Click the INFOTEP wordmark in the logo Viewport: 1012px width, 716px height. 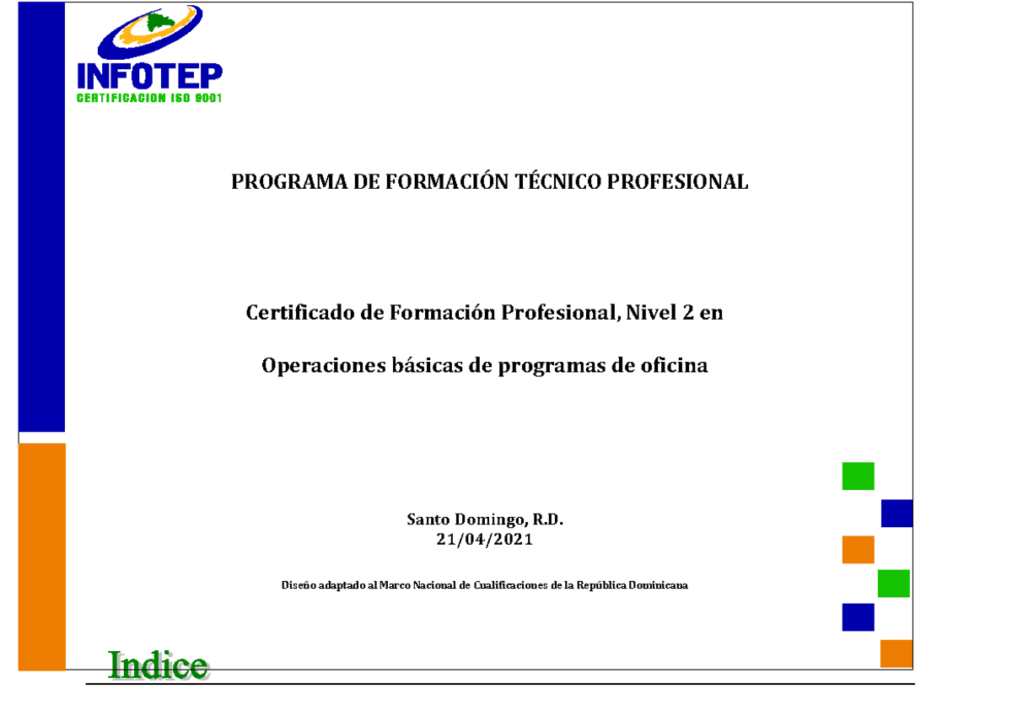point(150,75)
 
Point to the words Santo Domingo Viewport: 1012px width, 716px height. point(456,520)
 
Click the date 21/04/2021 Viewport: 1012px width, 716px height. point(485,541)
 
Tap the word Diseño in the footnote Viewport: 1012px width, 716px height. point(298,584)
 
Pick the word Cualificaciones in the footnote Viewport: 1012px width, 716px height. point(510,584)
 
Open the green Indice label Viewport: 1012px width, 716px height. point(158,665)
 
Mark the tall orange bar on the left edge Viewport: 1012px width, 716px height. point(42,557)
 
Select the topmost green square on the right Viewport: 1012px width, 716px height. point(858,476)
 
